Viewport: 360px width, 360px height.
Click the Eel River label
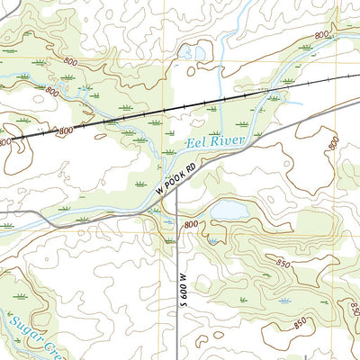click(x=214, y=139)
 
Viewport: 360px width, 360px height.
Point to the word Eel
click(x=195, y=143)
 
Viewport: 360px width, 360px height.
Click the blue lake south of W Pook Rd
click(x=229, y=209)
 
